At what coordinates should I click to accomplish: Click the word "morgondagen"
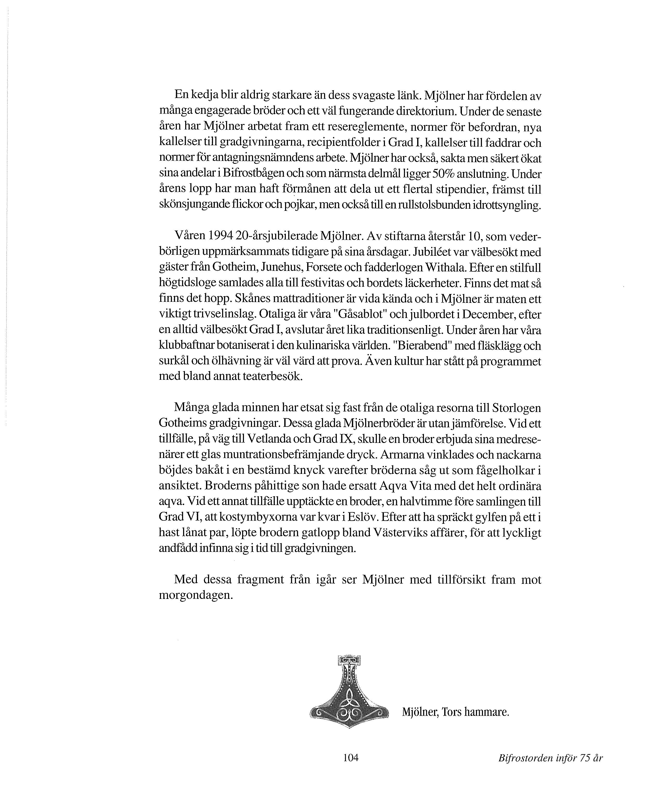coord(196,595)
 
